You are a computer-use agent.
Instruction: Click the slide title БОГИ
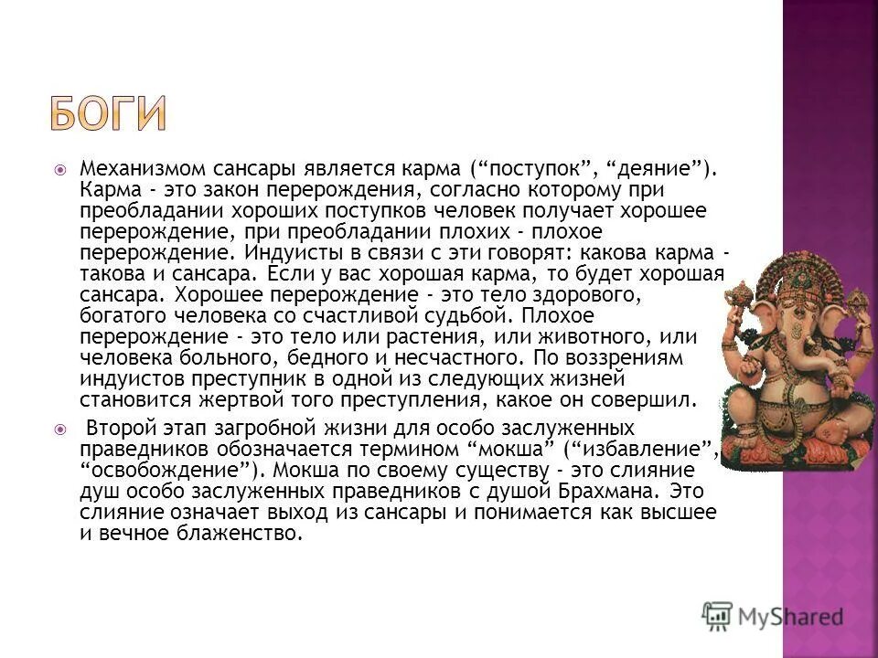coord(108,111)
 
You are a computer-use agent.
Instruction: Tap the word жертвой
coord(219,399)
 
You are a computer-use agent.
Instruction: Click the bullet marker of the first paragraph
coord(59,170)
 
